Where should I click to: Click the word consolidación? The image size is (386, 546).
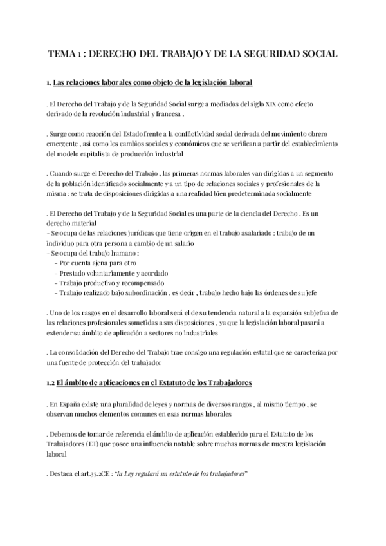click(x=82, y=352)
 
